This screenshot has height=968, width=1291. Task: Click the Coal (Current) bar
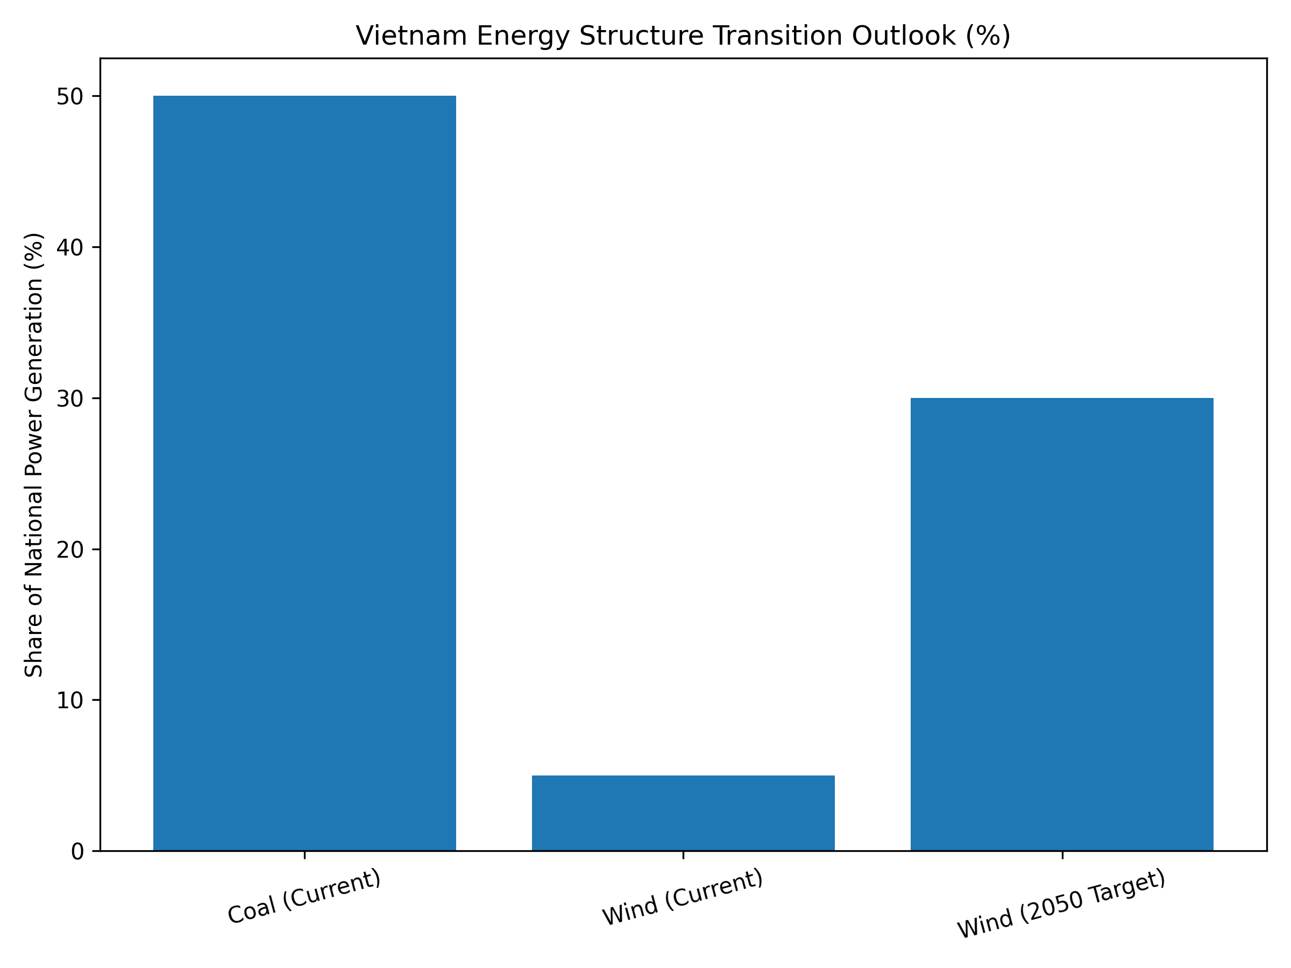304,473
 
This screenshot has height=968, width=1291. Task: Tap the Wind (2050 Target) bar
1062,624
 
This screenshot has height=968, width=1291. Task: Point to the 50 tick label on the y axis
69,97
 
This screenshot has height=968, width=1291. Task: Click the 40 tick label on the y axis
69,248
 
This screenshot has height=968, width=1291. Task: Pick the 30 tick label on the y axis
69,399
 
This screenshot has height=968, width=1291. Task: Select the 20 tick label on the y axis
69,550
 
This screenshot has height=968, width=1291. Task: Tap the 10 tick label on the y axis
69,701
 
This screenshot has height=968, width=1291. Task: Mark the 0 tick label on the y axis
77,852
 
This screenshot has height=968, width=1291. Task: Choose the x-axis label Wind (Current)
683,898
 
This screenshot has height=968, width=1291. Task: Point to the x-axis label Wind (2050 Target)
1062,905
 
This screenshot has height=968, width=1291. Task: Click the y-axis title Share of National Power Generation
34,454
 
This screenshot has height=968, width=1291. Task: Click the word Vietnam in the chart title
412,36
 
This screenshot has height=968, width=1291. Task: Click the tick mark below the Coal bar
304,856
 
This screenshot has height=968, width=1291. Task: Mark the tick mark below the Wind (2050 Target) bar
1062,856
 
